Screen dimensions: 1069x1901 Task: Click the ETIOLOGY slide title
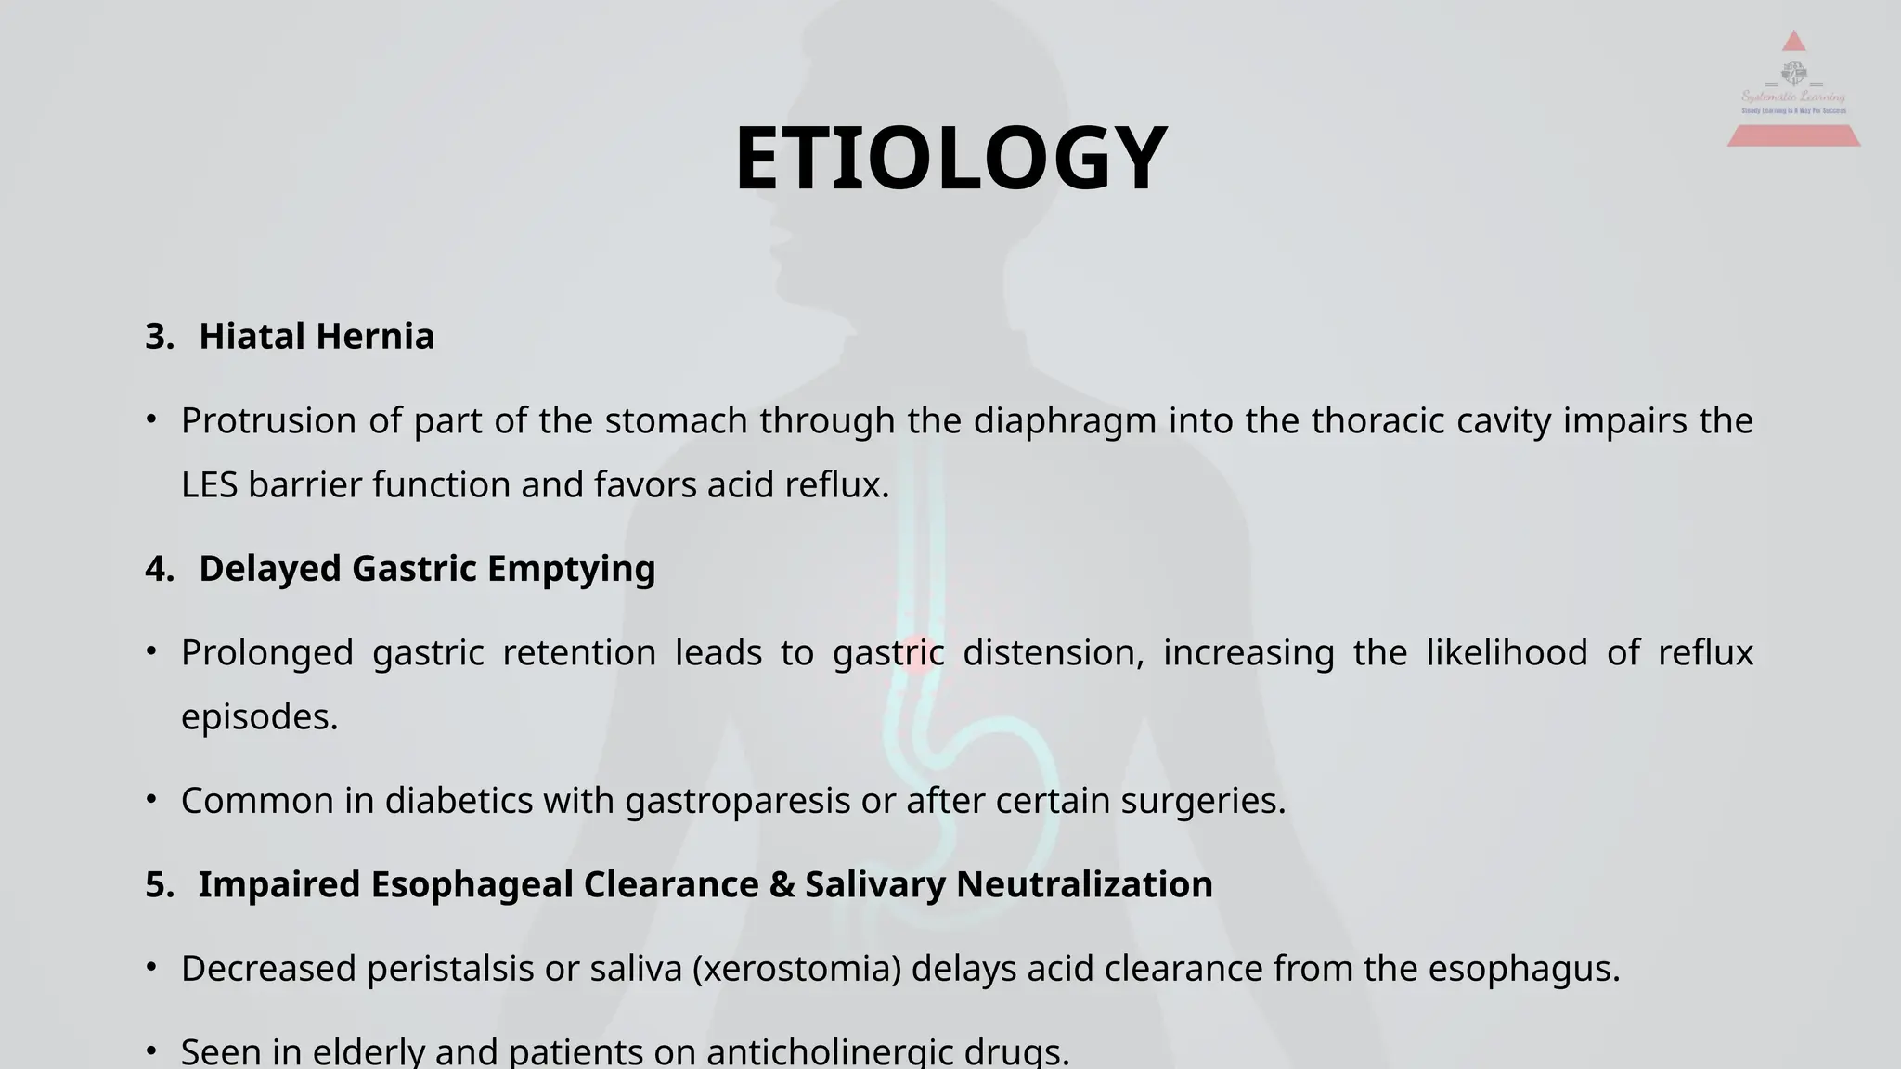pyautogui.click(x=950, y=159)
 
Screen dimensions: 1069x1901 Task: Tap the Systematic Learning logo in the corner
pyautogui.click(x=1793, y=91)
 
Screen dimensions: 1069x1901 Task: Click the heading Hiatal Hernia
pyautogui.click(x=317, y=336)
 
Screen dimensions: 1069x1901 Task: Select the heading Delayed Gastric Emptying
pyautogui.click(x=427, y=568)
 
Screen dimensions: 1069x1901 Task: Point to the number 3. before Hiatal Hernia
pyautogui.click(x=160, y=336)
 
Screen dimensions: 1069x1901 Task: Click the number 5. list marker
pyautogui.click(x=160, y=884)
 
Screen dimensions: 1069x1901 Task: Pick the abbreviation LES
pyautogui.click(x=209, y=484)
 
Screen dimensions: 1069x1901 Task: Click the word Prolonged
pyautogui.click(x=267, y=652)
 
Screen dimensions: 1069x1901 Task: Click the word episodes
pyautogui.click(x=259, y=716)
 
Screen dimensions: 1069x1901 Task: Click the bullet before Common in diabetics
pyautogui.click(x=151, y=799)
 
